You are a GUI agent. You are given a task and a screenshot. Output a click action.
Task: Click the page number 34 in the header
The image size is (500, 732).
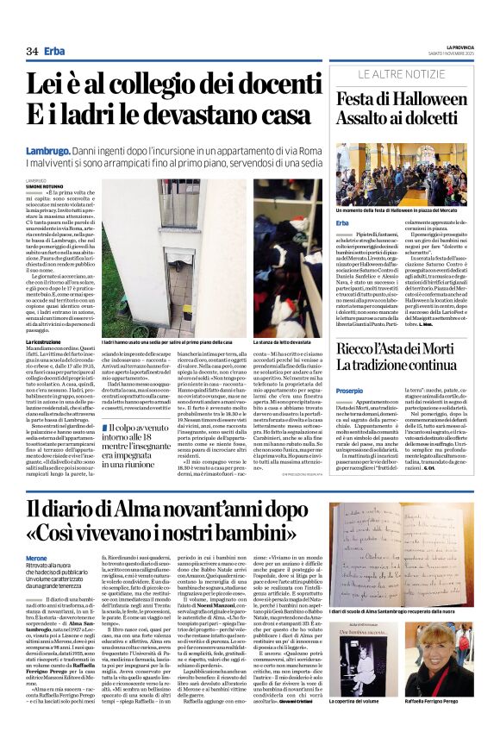(x=32, y=51)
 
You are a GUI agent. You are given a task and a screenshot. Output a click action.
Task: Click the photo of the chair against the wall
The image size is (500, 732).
(x=150, y=256)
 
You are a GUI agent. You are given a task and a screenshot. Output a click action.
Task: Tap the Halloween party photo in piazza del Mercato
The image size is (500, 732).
(x=402, y=177)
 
